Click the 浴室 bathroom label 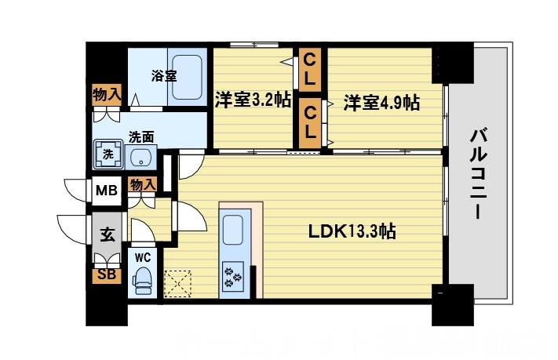[164, 75]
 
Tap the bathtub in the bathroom [188, 77]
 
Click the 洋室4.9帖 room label [381, 102]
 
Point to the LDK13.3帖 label [351, 231]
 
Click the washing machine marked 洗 [108, 154]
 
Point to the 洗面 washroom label [141, 136]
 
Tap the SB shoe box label [106, 275]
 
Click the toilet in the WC [142, 278]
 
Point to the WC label [142, 256]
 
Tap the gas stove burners [235, 275]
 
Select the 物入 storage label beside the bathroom [107, 95]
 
